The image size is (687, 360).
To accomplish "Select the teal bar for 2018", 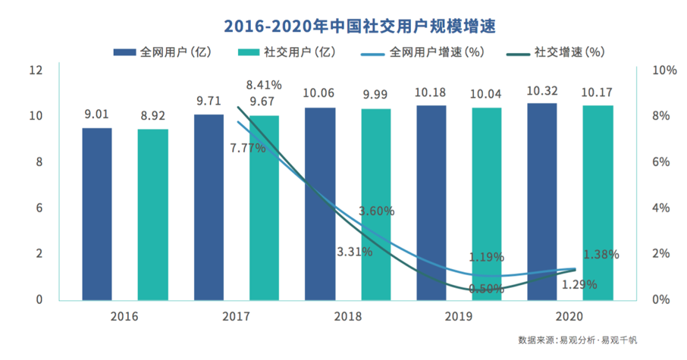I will coord(376,205).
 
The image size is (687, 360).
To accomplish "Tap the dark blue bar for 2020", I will coord(542,202).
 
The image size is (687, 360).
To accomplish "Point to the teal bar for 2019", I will coord(488,204).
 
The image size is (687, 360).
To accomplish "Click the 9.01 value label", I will coord(97,115).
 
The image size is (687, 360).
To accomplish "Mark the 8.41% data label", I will coord(264,84).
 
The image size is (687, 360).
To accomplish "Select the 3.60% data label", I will coord(377,211).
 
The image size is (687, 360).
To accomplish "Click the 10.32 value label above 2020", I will coord(542,90).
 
